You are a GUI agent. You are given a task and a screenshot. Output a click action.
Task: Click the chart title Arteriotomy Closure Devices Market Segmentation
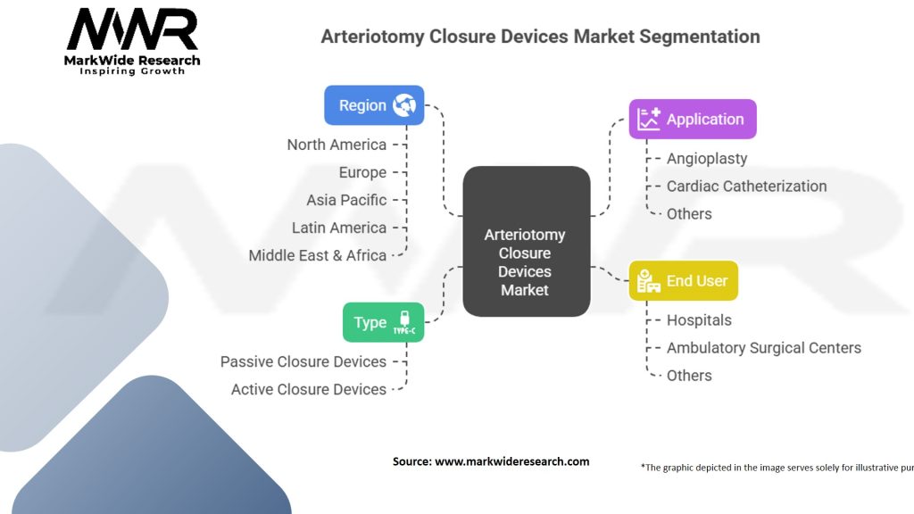tap(540, 37)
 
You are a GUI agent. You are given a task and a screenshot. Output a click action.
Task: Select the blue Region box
tap(373, 105)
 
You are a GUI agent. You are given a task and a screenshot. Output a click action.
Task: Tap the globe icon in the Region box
tap(404, 105)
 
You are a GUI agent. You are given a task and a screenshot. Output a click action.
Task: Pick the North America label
tap(337, 145)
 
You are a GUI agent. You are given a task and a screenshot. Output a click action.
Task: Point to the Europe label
tap(362, 172)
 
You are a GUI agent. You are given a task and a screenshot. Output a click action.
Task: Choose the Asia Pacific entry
tap(346, 200)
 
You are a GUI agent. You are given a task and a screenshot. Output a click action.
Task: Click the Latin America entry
tap(339, 228)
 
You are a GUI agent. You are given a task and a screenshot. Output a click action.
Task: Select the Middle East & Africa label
tap(318, 255)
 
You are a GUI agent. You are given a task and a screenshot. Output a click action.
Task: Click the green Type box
tap(383, 322)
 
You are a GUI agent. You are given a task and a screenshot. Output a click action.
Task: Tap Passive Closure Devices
tap(303, 361)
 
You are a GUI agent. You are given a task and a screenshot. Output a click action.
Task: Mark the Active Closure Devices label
tap(309, 389)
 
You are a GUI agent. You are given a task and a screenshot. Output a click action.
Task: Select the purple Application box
tap(693, 119)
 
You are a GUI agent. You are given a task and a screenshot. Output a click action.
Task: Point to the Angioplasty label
tap(707, 158)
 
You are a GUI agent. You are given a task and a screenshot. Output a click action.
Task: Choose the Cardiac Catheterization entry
tap(746, 186)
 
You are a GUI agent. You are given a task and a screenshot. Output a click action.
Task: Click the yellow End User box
tap(683, 280)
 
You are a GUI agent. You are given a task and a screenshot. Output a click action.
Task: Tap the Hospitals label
tap(699, 319)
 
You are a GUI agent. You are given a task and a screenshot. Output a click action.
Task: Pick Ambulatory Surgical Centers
tap(763, 347)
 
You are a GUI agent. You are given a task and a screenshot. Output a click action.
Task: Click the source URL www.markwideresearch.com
tap(511, 461)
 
